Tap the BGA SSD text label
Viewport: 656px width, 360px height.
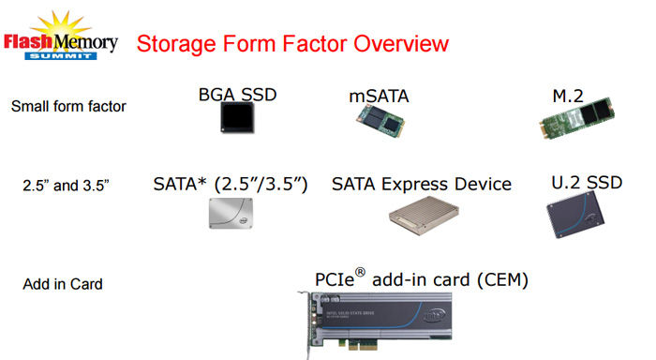coord(238,95)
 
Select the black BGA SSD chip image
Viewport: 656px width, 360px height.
coord(238,119)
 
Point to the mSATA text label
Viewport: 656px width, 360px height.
coord(378,95)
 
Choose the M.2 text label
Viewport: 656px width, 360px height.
coord(569,95)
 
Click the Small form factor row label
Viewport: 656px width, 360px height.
coord(68,106)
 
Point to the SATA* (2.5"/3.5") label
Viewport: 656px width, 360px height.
coord(231,184)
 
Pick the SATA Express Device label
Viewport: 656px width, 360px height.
coord(422,184)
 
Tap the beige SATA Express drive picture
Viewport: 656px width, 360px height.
coord(421,216)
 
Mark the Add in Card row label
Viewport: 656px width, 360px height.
coord(63,284)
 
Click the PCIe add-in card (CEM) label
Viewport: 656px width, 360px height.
coord(422,280)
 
